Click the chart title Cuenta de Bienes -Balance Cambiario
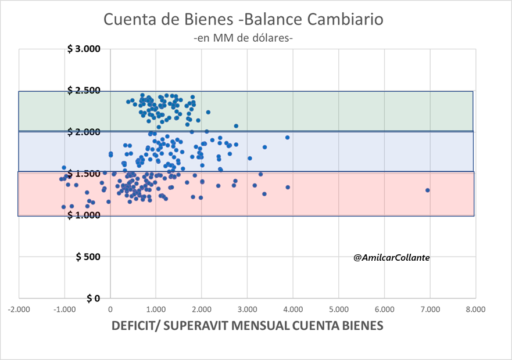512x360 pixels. click(244, 19)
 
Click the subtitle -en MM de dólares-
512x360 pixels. click(244, 38)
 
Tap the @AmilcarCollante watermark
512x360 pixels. click(391, 257)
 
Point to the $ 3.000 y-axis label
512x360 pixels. click(84, 49)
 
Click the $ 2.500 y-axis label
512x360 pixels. click(84, 91)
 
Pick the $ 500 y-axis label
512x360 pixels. click(88, 257)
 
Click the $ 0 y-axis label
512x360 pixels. click(93, 298)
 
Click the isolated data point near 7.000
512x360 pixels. click(428, 190)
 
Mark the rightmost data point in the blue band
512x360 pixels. click(287, 138)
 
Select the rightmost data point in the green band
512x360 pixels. click(236, 126)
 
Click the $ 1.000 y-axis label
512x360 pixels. click(84, 215)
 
